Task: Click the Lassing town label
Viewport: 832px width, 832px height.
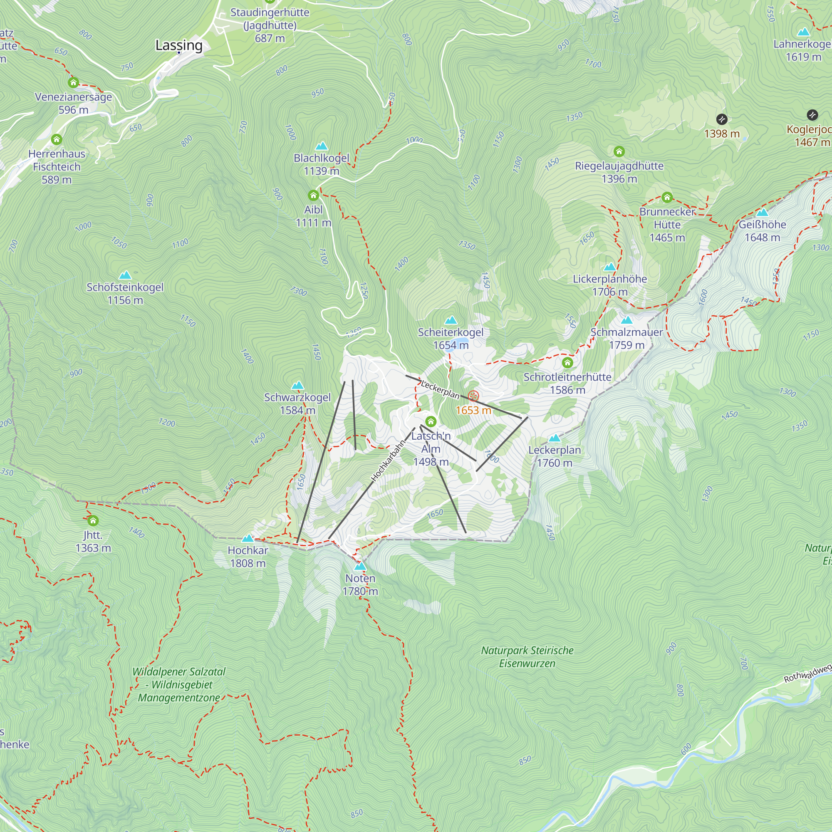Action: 179,45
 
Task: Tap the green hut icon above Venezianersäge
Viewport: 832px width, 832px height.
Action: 73,82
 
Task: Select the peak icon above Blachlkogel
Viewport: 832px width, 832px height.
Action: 321,146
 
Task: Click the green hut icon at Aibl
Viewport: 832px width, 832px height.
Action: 313,196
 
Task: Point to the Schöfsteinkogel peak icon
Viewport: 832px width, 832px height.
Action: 125,275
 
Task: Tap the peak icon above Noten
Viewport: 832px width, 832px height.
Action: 360,566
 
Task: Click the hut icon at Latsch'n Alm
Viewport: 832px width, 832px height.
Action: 431,421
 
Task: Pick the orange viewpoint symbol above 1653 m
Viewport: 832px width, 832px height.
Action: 473,396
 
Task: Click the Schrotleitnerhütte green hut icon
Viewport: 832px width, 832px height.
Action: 567,363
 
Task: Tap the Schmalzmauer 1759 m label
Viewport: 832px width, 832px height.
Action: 626,339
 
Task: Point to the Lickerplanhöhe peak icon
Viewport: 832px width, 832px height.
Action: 609,267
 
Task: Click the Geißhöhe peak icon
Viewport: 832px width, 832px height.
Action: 762,212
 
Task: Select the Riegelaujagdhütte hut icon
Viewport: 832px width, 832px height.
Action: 619,151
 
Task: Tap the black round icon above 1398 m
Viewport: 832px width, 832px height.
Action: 722,119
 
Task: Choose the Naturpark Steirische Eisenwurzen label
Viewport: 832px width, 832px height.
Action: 527,657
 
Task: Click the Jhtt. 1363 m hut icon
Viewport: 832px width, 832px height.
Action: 93,521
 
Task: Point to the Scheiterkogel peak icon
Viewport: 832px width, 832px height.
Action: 451,320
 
